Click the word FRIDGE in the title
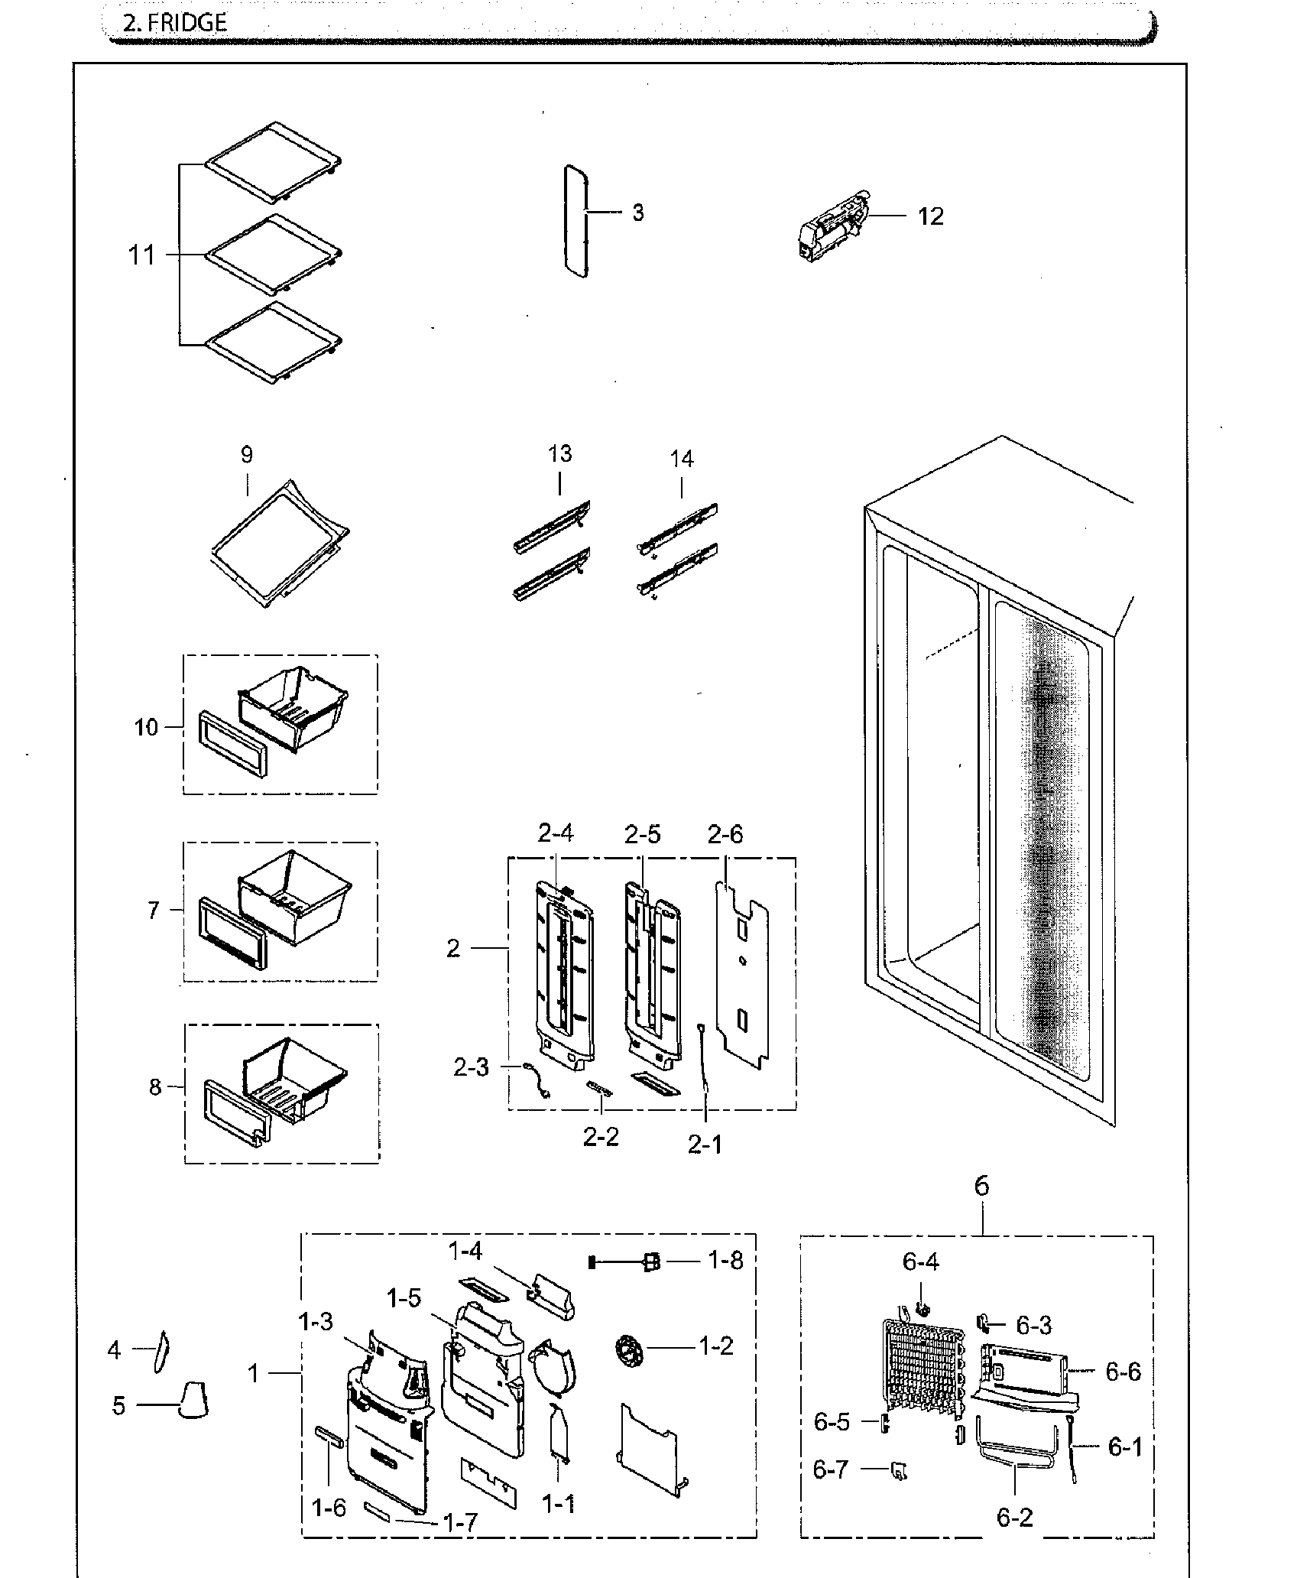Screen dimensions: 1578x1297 [x=187, y=22]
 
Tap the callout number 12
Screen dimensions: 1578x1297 [x=930, y=216]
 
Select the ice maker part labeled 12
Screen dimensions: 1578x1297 [x=831, y=227]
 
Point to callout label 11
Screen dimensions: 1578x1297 [x=141, y=255]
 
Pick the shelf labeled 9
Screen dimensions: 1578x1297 [x=279, y=542]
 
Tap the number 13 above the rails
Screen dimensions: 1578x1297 [x=559, y=453]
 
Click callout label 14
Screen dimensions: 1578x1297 [x=682, y=459]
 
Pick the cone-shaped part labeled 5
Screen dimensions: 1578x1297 [x=194, y=1400]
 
